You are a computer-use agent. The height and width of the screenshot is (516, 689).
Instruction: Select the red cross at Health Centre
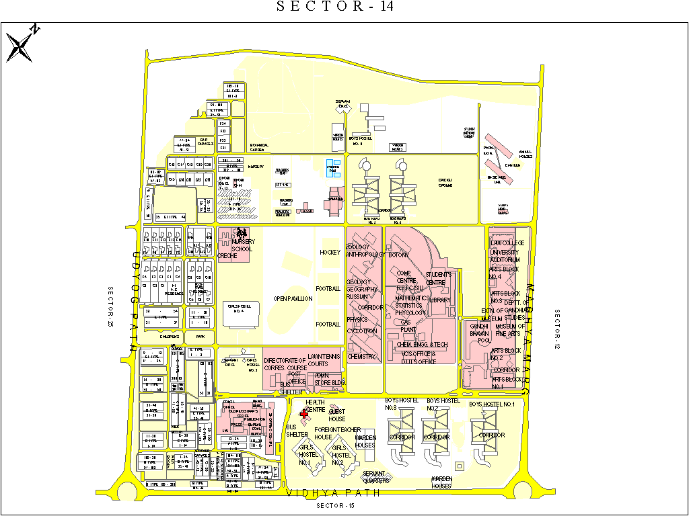click(x=304, y=415)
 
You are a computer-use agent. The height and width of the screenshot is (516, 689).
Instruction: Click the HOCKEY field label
click(x=330, y=253)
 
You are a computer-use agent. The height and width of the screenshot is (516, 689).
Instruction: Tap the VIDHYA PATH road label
click(x=333, y=493)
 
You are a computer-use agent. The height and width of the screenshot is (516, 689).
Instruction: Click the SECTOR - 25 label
click(x=111, y=306)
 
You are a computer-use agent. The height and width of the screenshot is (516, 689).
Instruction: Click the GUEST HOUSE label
click(x=337, y=415)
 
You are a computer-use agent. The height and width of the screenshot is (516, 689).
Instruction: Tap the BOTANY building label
click(x=398, y=255)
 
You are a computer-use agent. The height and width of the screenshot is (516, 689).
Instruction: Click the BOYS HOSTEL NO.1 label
click(x=492, y=404)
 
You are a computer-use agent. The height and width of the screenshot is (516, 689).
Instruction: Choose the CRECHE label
click(x=227, y=256)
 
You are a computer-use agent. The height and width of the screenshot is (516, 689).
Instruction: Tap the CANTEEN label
click(x=513, y=165)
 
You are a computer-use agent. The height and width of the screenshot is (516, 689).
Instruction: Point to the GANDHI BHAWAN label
click(x=478, y=329)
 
